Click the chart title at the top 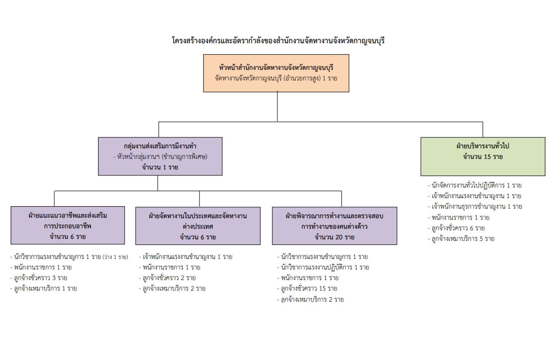pyautogui.click(x=277, y=41)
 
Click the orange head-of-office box pyautogui.click(x=276, y=73)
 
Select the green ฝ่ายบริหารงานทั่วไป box pyautogui.click(x=483, y=156)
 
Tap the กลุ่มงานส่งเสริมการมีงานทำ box pyautogui.click(x=160, y=156)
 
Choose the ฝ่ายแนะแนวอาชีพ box pyautogui.click(x=68, y=225)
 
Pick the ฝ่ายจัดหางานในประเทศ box pyautogui.click(x=198, y=225)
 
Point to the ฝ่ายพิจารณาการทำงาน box pyautogui.click(x=334, y=225)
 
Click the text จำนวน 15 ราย pyautogui.click(x=483, y=157)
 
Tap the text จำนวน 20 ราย pyautogui.click(x=334, y=237)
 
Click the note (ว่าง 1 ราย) pyautogui.click(x=115, y=257)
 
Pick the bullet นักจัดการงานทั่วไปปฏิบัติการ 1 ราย pyautogui.click(x=475, y=185)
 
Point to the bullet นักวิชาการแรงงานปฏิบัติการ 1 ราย pyautogui.click(x=324, y=267)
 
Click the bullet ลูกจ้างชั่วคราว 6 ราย pyautogui.click(x=457, y=228)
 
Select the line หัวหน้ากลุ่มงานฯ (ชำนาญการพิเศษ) pyautogui.click(x=160, y=157)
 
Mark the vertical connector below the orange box pyautogui.click(x=277, y=107)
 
